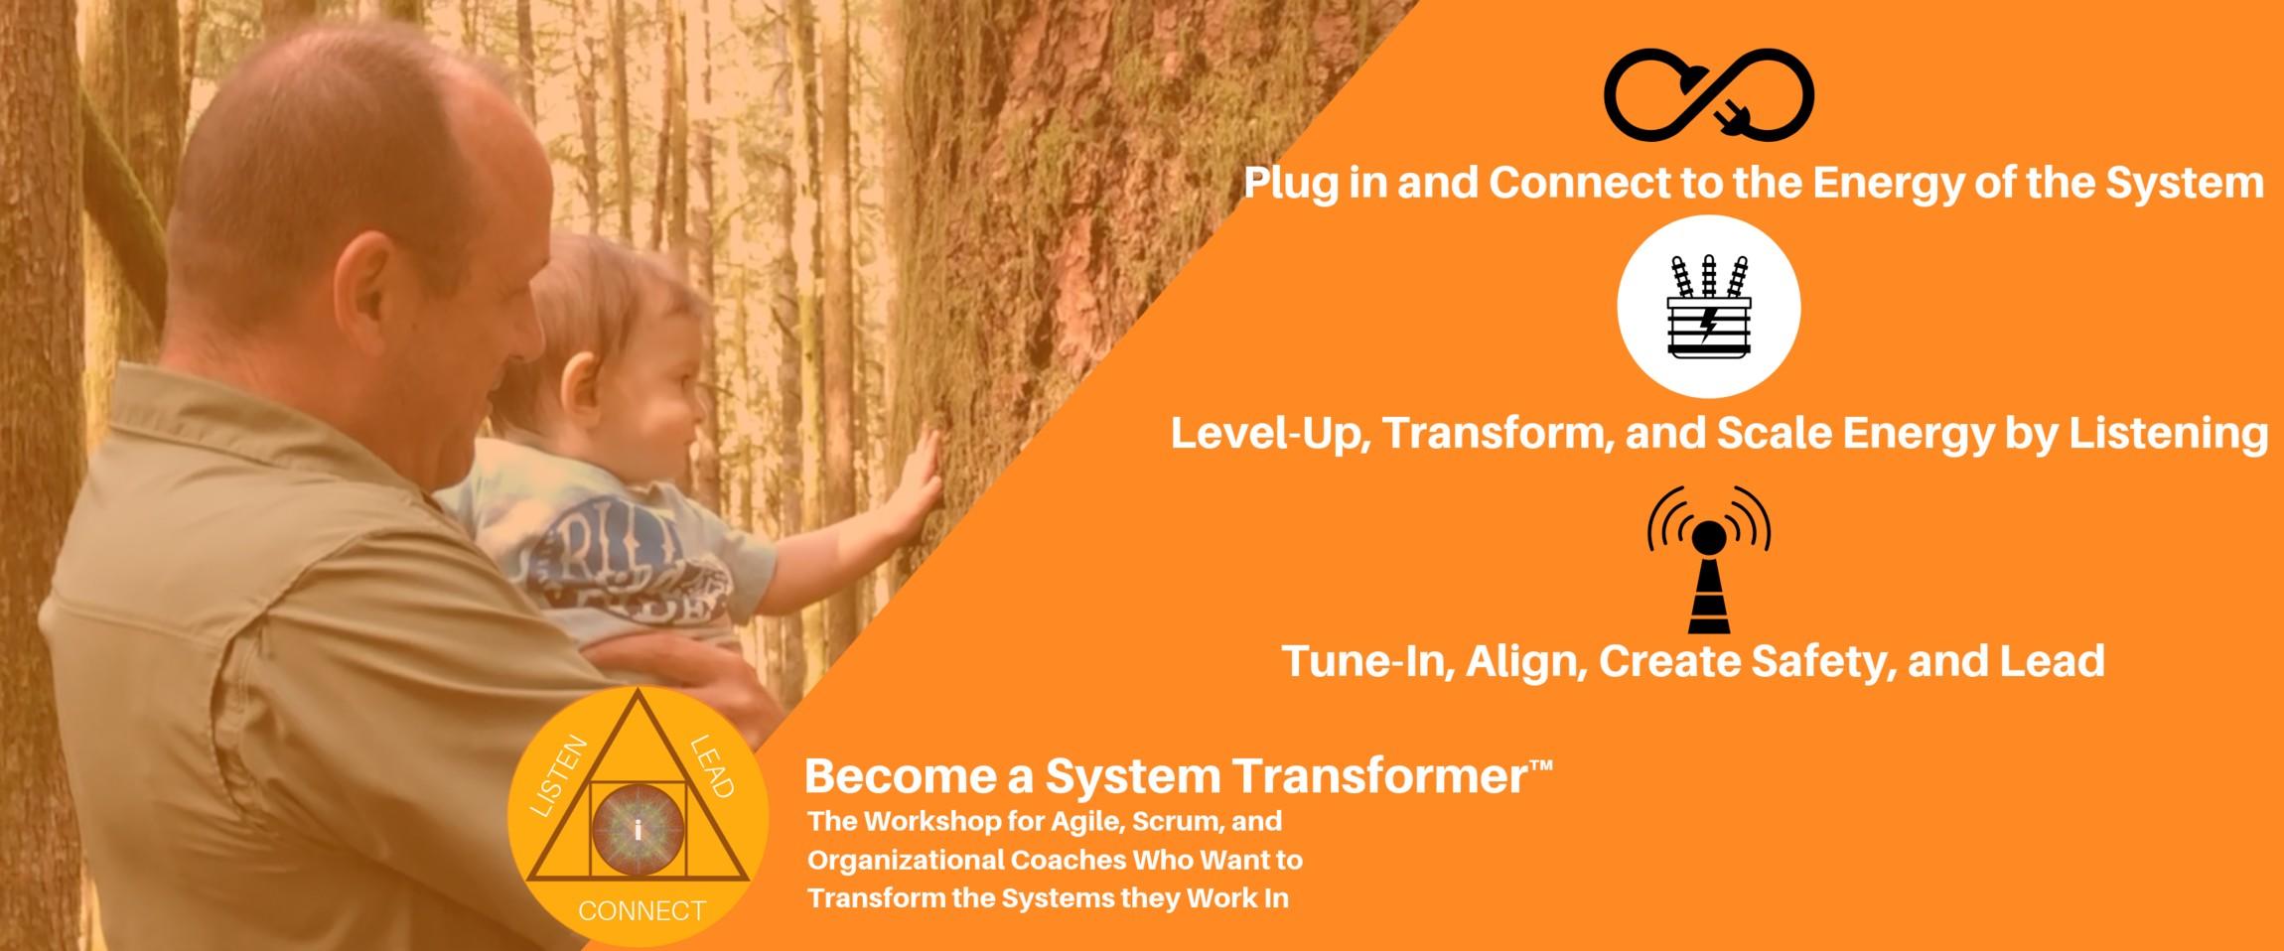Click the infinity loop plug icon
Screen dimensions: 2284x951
pyautogui.click(x=1708, y=94)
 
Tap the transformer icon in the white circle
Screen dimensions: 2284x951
pyautogui.click(x=1708, y=306)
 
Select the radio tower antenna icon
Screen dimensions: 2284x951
pyautogui.click(x=1709, y=559)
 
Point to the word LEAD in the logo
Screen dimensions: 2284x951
pyautogui.click(x=711, y=766)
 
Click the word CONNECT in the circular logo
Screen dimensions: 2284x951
pyautogui.click(x=642, y=910)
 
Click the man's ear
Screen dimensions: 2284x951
pyautogui.click(x=372, y=289)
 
